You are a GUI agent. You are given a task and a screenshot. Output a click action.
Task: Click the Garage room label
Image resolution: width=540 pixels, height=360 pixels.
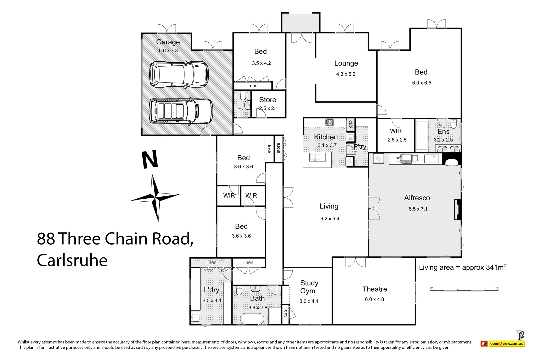[168, 42]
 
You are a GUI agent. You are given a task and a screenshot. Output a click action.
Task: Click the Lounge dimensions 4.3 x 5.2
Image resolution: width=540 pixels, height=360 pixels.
[346, 74]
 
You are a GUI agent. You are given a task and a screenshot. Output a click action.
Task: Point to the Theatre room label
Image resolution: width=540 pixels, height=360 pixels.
[375, 289]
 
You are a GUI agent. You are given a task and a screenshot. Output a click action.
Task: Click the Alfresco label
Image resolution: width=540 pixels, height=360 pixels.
[417, 198]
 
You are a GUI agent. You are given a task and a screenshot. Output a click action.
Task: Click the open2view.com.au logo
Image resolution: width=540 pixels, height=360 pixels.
[503, 344]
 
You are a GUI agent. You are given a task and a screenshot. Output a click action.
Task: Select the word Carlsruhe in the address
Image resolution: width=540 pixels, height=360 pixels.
[72, 260]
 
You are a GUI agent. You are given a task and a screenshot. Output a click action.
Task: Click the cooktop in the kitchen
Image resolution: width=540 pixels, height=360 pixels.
[329, 122]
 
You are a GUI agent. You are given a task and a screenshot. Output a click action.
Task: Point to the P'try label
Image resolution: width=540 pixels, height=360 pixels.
[360, 146]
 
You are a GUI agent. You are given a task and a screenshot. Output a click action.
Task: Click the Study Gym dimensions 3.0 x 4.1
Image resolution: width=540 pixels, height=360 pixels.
[309, 301]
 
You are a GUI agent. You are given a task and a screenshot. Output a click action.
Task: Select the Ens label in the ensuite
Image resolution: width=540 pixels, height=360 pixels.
[443, 132]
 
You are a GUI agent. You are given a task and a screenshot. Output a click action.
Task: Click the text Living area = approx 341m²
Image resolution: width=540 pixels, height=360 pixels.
[463, 267]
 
